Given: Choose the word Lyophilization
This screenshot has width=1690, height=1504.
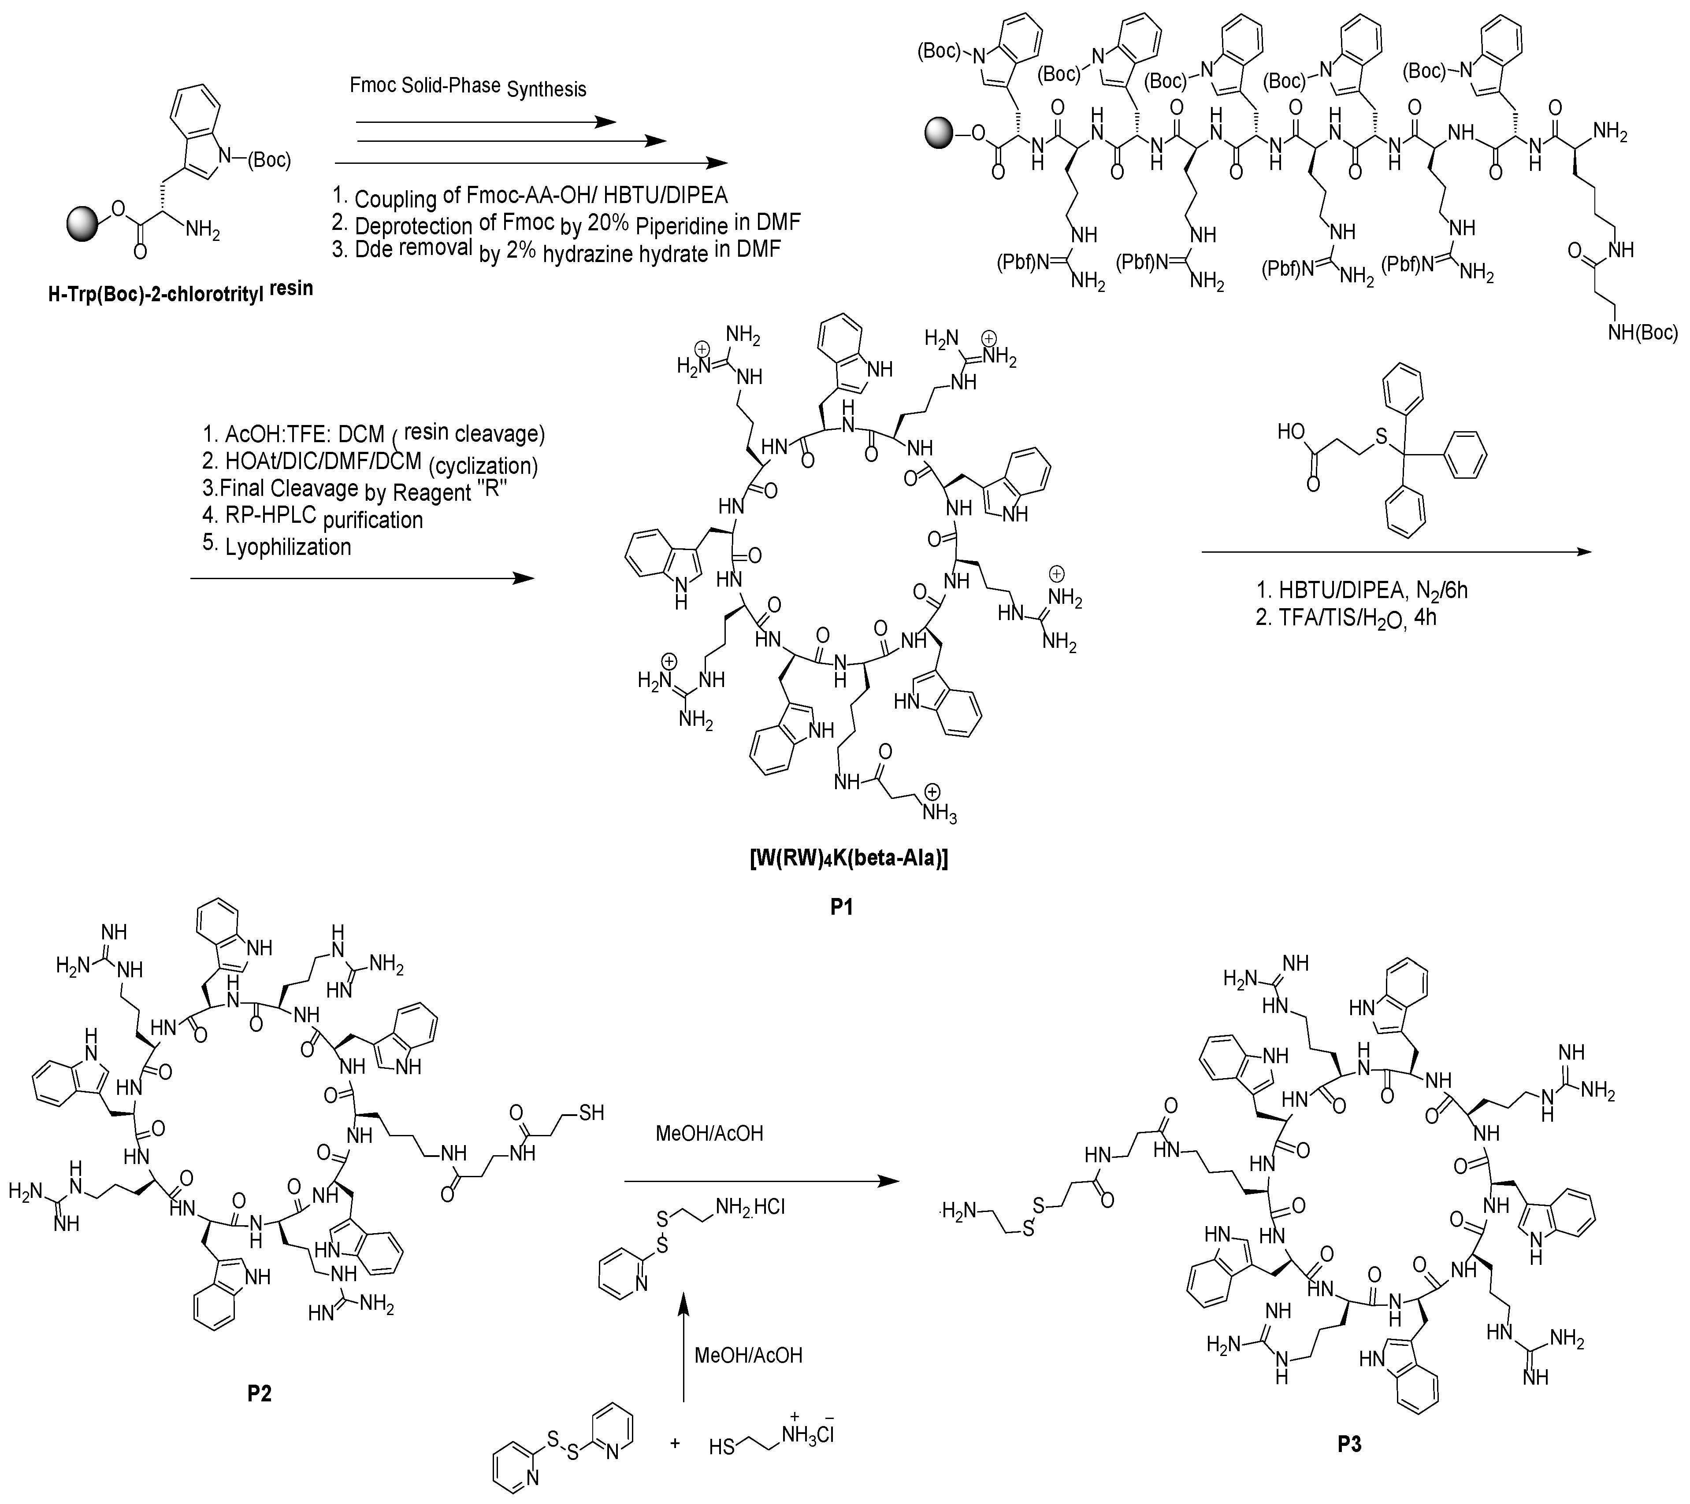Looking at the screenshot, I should pos(288,546).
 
